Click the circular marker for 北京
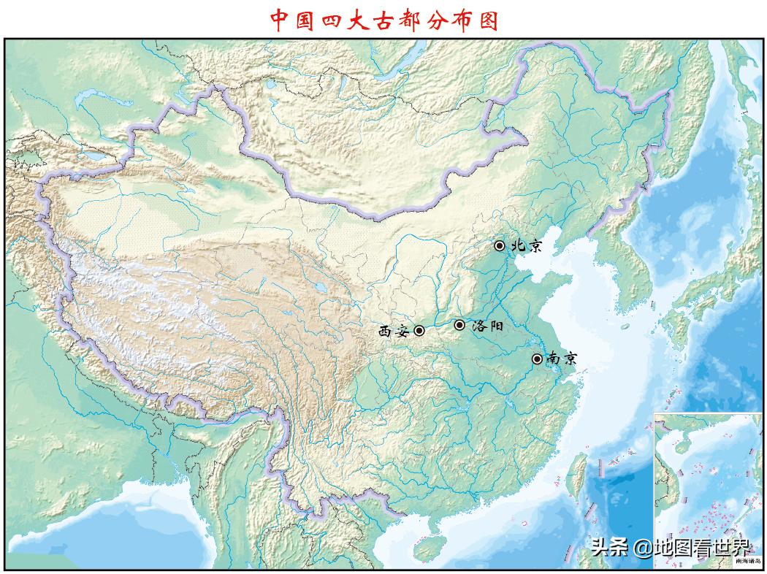(500, 246)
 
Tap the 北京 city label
(527, 246)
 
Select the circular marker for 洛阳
(459, 325)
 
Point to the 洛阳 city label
(487, 326)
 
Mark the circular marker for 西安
(419, 330)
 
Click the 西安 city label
(393, 331)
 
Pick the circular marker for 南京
(537, 359)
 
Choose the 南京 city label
(562, 359)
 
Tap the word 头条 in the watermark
(609, 548)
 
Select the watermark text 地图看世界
(701, 548)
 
